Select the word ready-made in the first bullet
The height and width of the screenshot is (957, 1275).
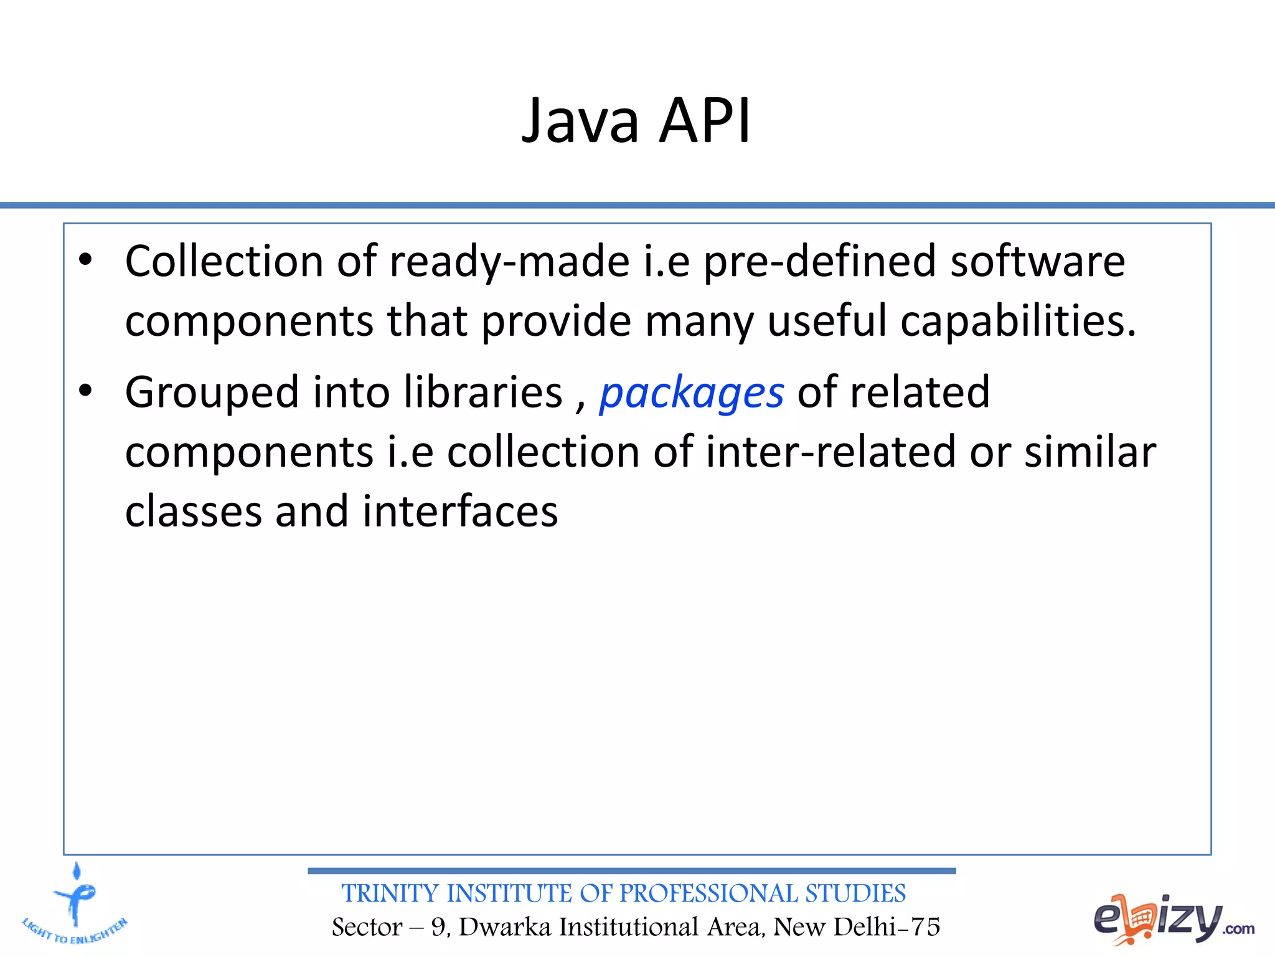point(509,262)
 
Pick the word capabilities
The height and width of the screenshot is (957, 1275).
point(1018,321)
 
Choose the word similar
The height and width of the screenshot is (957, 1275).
point(1090,452)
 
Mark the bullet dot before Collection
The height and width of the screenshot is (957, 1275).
point(86,260)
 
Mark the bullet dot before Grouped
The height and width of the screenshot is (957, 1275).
point(86,391)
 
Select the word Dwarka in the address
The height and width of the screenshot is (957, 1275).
point(505,927)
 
